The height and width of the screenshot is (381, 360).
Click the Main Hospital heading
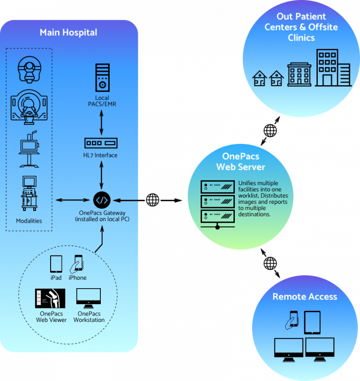(68, 32)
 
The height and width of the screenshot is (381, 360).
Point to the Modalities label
(29, 220)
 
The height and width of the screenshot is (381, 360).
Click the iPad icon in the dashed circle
(56, 264)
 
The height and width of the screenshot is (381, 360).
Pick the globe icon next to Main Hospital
(153, 200)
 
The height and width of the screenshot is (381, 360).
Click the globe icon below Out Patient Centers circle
(270, 130)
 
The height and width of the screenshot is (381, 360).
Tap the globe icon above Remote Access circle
(270, 263)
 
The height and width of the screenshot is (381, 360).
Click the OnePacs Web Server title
(240, 162)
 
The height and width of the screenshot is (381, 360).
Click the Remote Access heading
(305, 297)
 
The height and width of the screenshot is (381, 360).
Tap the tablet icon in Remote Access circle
(312, 322)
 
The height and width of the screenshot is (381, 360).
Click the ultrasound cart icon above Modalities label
(29, 193)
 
